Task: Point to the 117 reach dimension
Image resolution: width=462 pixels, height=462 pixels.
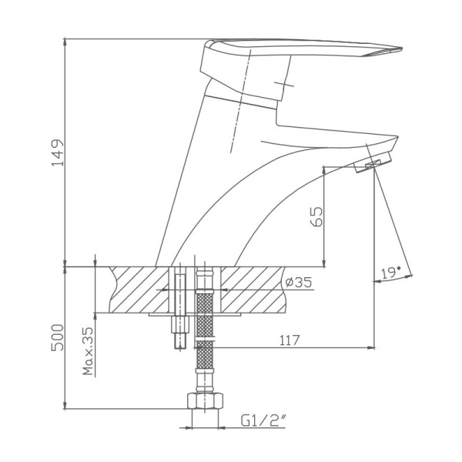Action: [x=290, y=340]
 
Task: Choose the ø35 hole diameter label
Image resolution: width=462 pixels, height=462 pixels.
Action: [x=297, y=283]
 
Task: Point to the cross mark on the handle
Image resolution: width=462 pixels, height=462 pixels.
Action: [x=284, y=83]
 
